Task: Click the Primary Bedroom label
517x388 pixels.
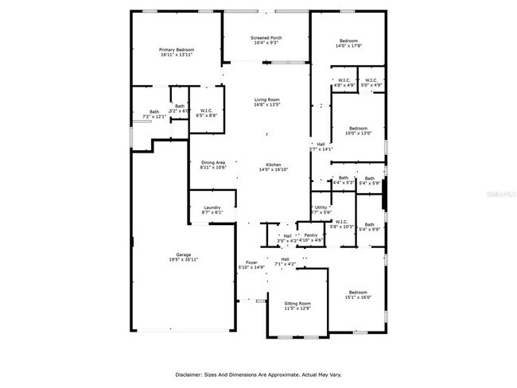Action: coord(177,49)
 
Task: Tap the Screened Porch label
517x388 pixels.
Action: coord(266,37)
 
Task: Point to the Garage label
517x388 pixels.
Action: coord(183,254)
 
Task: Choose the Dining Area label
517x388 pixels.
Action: coord(212,162)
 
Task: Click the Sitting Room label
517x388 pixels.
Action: coord(297,304)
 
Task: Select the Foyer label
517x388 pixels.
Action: coord(251,262)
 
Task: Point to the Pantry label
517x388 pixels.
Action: coord(311,235)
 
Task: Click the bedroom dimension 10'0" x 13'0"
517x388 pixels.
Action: coord(358,134)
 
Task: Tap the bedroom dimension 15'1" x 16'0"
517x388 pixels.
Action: coord(358,297)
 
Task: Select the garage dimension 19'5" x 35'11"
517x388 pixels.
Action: coord(183,260)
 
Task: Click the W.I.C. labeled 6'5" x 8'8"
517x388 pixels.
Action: coord(206,111)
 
